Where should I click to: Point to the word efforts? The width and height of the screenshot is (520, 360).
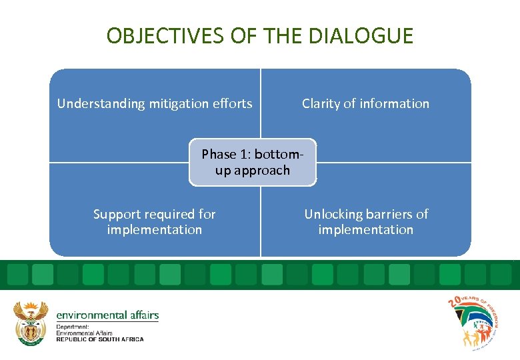click(x=233, y=103)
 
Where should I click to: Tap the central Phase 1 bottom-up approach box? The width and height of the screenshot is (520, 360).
click(x=253, y=162)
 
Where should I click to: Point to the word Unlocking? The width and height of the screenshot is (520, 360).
click(x=331, y=214)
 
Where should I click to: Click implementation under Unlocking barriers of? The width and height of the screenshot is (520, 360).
click(x=365, y=229)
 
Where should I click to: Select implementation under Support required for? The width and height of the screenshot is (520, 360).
click(x=154, y=229)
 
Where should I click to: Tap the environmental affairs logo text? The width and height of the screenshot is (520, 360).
click(x=107, y=315)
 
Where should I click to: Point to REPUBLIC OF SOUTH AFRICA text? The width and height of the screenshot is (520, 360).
click(x=100, y=339)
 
